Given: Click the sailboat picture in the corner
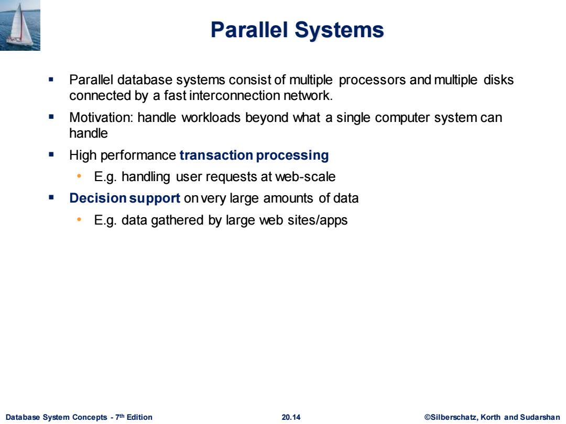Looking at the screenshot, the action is click(20, 25).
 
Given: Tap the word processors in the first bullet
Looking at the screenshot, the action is click(372, 80).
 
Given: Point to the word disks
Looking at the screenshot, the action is click(498, 80).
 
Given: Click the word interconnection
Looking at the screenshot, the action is click(234, 96).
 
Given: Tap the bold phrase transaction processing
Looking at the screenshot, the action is click(254, 155).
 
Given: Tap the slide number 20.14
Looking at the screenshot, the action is click(291, 417).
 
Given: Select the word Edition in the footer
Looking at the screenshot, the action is click(139, 417).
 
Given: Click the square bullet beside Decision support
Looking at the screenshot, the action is click(51, 197).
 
